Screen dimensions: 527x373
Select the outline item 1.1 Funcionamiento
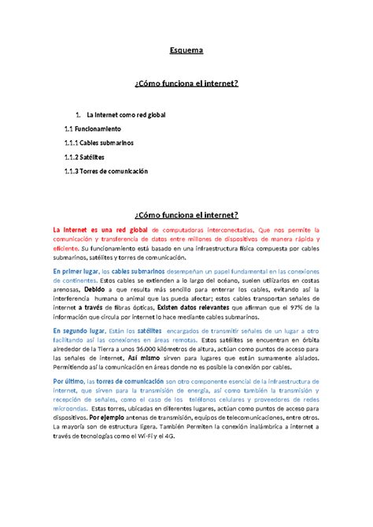click(92, 128)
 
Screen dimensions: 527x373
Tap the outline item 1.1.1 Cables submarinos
click(99, 142)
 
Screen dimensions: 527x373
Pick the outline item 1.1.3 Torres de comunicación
click(106, 171)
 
